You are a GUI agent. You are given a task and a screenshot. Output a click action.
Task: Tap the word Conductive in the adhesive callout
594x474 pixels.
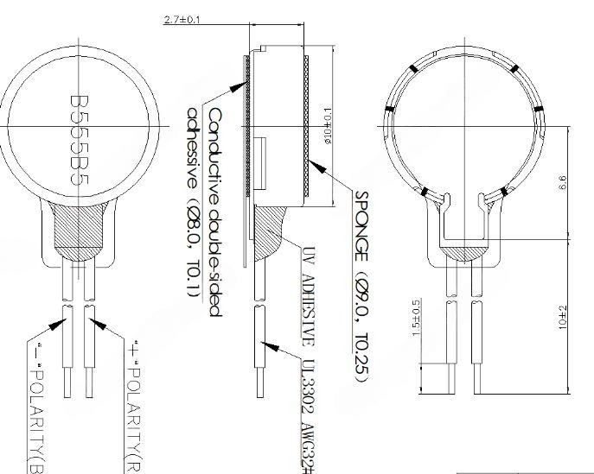[x=214, y=147]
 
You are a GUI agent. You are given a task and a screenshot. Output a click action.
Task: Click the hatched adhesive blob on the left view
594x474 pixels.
[x=79, y=228]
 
